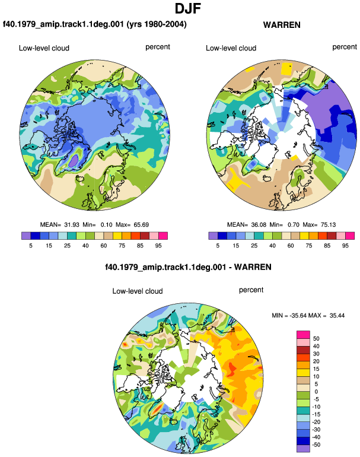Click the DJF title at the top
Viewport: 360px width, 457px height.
pyautogui.click(x=187, y=8)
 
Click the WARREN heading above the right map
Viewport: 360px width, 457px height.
pyautogui.click(x=282, y=25)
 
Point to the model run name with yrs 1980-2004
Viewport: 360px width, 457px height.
pyautogui.click(x=95, y=24)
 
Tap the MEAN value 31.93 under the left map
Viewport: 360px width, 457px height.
pyautogui.click(x=72, y=225)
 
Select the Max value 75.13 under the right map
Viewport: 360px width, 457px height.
pyautogui.click(x=328, y=225)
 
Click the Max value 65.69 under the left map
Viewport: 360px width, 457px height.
pyautogui.click(x=141, y=225)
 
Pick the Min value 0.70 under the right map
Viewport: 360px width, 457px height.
pyautogui.click(x=294, y=225)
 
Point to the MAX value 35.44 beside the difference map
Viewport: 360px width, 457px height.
pyautogui.click(x=337, y=315)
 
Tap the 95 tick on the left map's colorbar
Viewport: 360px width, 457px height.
pyautogui.click(x=158, y=246)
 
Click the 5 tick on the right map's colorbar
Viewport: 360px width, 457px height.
pyautogui.click(x=218, y=246)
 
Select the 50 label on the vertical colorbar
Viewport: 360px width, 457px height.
pyautogui.click(x=316, y=338)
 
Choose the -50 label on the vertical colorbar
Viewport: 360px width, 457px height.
pyautogui.click(x=316, y=445)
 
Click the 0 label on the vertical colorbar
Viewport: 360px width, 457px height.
pyautogui.click(x=316, y=392)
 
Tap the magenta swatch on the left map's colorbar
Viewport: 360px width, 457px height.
pyautogui.click(x=163, y=236)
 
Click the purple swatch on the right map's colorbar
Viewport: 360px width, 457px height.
pyautogui.click(x=213, y=236)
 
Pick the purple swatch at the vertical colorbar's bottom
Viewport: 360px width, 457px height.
pyautogui.click(x=303, y=449)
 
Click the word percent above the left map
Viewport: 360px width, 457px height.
pyautogui.click(x=158, y=47)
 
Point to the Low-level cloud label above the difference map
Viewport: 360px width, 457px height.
pyautogui.click(x=138, y=291)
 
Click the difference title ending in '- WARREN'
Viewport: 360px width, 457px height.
pyautogui.click(x=188, y=267)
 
